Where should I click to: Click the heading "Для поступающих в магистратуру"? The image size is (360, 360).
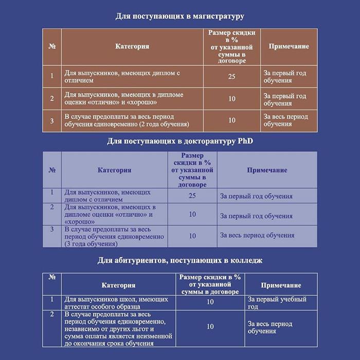tap(179, 16)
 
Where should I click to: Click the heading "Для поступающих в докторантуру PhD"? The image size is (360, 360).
tap(180, 141)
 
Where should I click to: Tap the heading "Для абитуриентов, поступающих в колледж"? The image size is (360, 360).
tap(180, 260)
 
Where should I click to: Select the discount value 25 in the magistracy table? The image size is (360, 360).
tap(231, 76)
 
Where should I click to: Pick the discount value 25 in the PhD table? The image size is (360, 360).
tap(192, 196)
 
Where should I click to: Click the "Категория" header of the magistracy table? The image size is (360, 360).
tap(132, 46)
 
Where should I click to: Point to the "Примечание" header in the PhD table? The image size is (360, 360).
tap(267, 170)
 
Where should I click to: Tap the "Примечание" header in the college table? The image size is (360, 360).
tap(281, 285)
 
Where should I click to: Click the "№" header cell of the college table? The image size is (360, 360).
tap(52, 277)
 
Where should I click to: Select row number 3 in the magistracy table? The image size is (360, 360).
tap(52, 120)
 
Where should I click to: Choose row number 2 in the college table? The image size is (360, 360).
tap(52, 314)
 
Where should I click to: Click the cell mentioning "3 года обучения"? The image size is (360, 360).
tap(114, 237)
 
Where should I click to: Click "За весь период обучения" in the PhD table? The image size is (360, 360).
tap(257, 236)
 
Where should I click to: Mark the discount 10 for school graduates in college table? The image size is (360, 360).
tap(210, 302)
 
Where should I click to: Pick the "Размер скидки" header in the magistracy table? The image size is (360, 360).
tap(231, 46)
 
